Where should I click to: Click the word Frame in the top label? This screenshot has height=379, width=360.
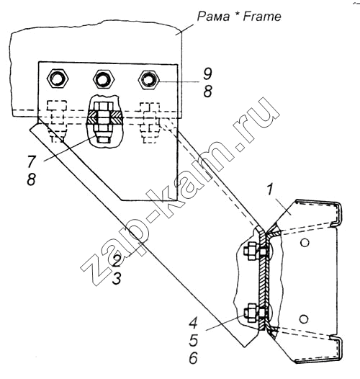tap(262, 17)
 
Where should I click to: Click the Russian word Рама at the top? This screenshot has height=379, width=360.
tap(213, 17)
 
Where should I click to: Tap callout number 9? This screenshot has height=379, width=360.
tap(207, 73)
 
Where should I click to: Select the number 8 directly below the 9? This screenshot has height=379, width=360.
tap(207, 92)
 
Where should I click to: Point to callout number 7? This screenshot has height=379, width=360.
tap(32, 161)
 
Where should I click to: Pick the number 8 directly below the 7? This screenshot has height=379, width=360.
tap(32, 179)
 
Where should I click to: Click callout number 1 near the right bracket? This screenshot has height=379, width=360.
tap(270, 189)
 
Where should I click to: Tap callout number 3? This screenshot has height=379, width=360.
tap(117, 278)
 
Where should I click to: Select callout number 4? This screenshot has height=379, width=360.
tap(193, 323)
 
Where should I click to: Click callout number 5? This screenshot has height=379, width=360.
tap(194, 340)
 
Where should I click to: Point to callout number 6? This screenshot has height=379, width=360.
tap(194, 358)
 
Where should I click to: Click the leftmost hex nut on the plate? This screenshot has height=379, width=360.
tap(58, 79)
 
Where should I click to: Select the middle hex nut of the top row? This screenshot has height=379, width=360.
tap(104, 79)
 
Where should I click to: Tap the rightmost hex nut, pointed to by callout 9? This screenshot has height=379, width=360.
tap(149, 79)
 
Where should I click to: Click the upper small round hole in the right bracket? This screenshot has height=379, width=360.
tap(305, 242)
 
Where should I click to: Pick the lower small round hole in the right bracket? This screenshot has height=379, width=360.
tap(304, 318)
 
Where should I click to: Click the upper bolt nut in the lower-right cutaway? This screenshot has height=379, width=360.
tap(251, 251)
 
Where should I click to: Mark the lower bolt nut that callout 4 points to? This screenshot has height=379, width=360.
tap(251, 313)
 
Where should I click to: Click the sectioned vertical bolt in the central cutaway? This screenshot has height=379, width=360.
tap(104, 122)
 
